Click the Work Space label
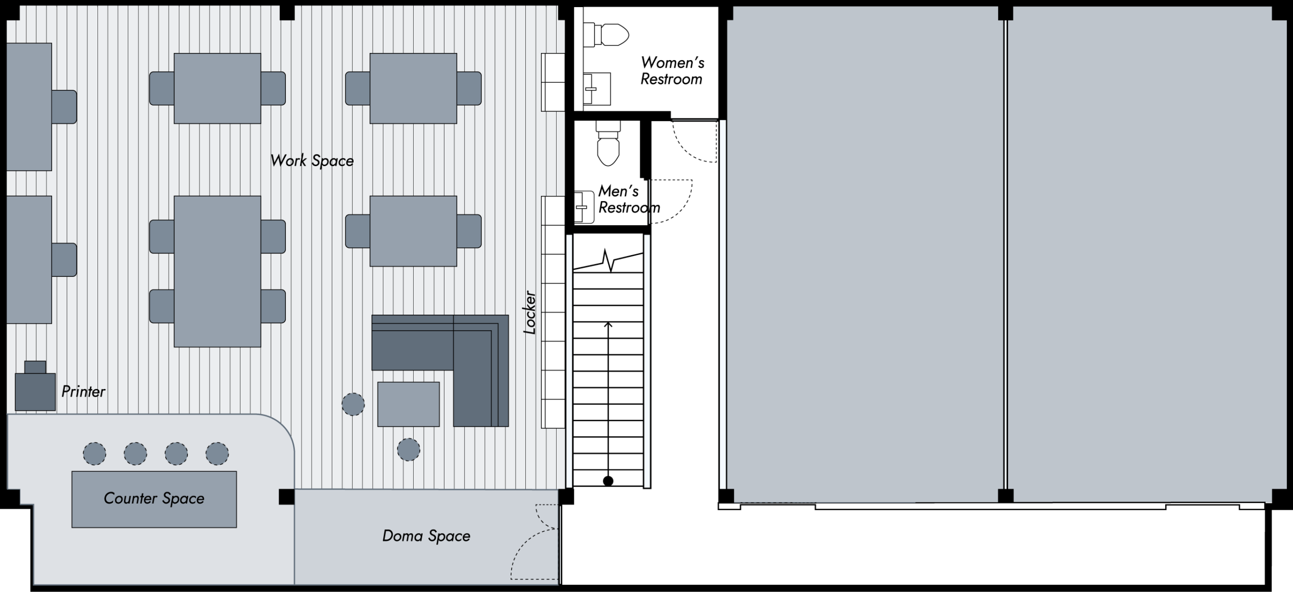312,161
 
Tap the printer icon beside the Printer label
35,386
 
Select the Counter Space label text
154,499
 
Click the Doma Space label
426,536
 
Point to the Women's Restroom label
672,71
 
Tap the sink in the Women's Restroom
596,89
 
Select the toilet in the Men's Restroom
608,143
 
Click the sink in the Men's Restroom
584,207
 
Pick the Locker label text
529,312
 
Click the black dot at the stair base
608,481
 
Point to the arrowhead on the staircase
608,325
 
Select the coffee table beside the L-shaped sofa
409,404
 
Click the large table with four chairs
217,271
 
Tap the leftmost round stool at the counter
94,454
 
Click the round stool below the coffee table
409,449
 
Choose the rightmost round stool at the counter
217,454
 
